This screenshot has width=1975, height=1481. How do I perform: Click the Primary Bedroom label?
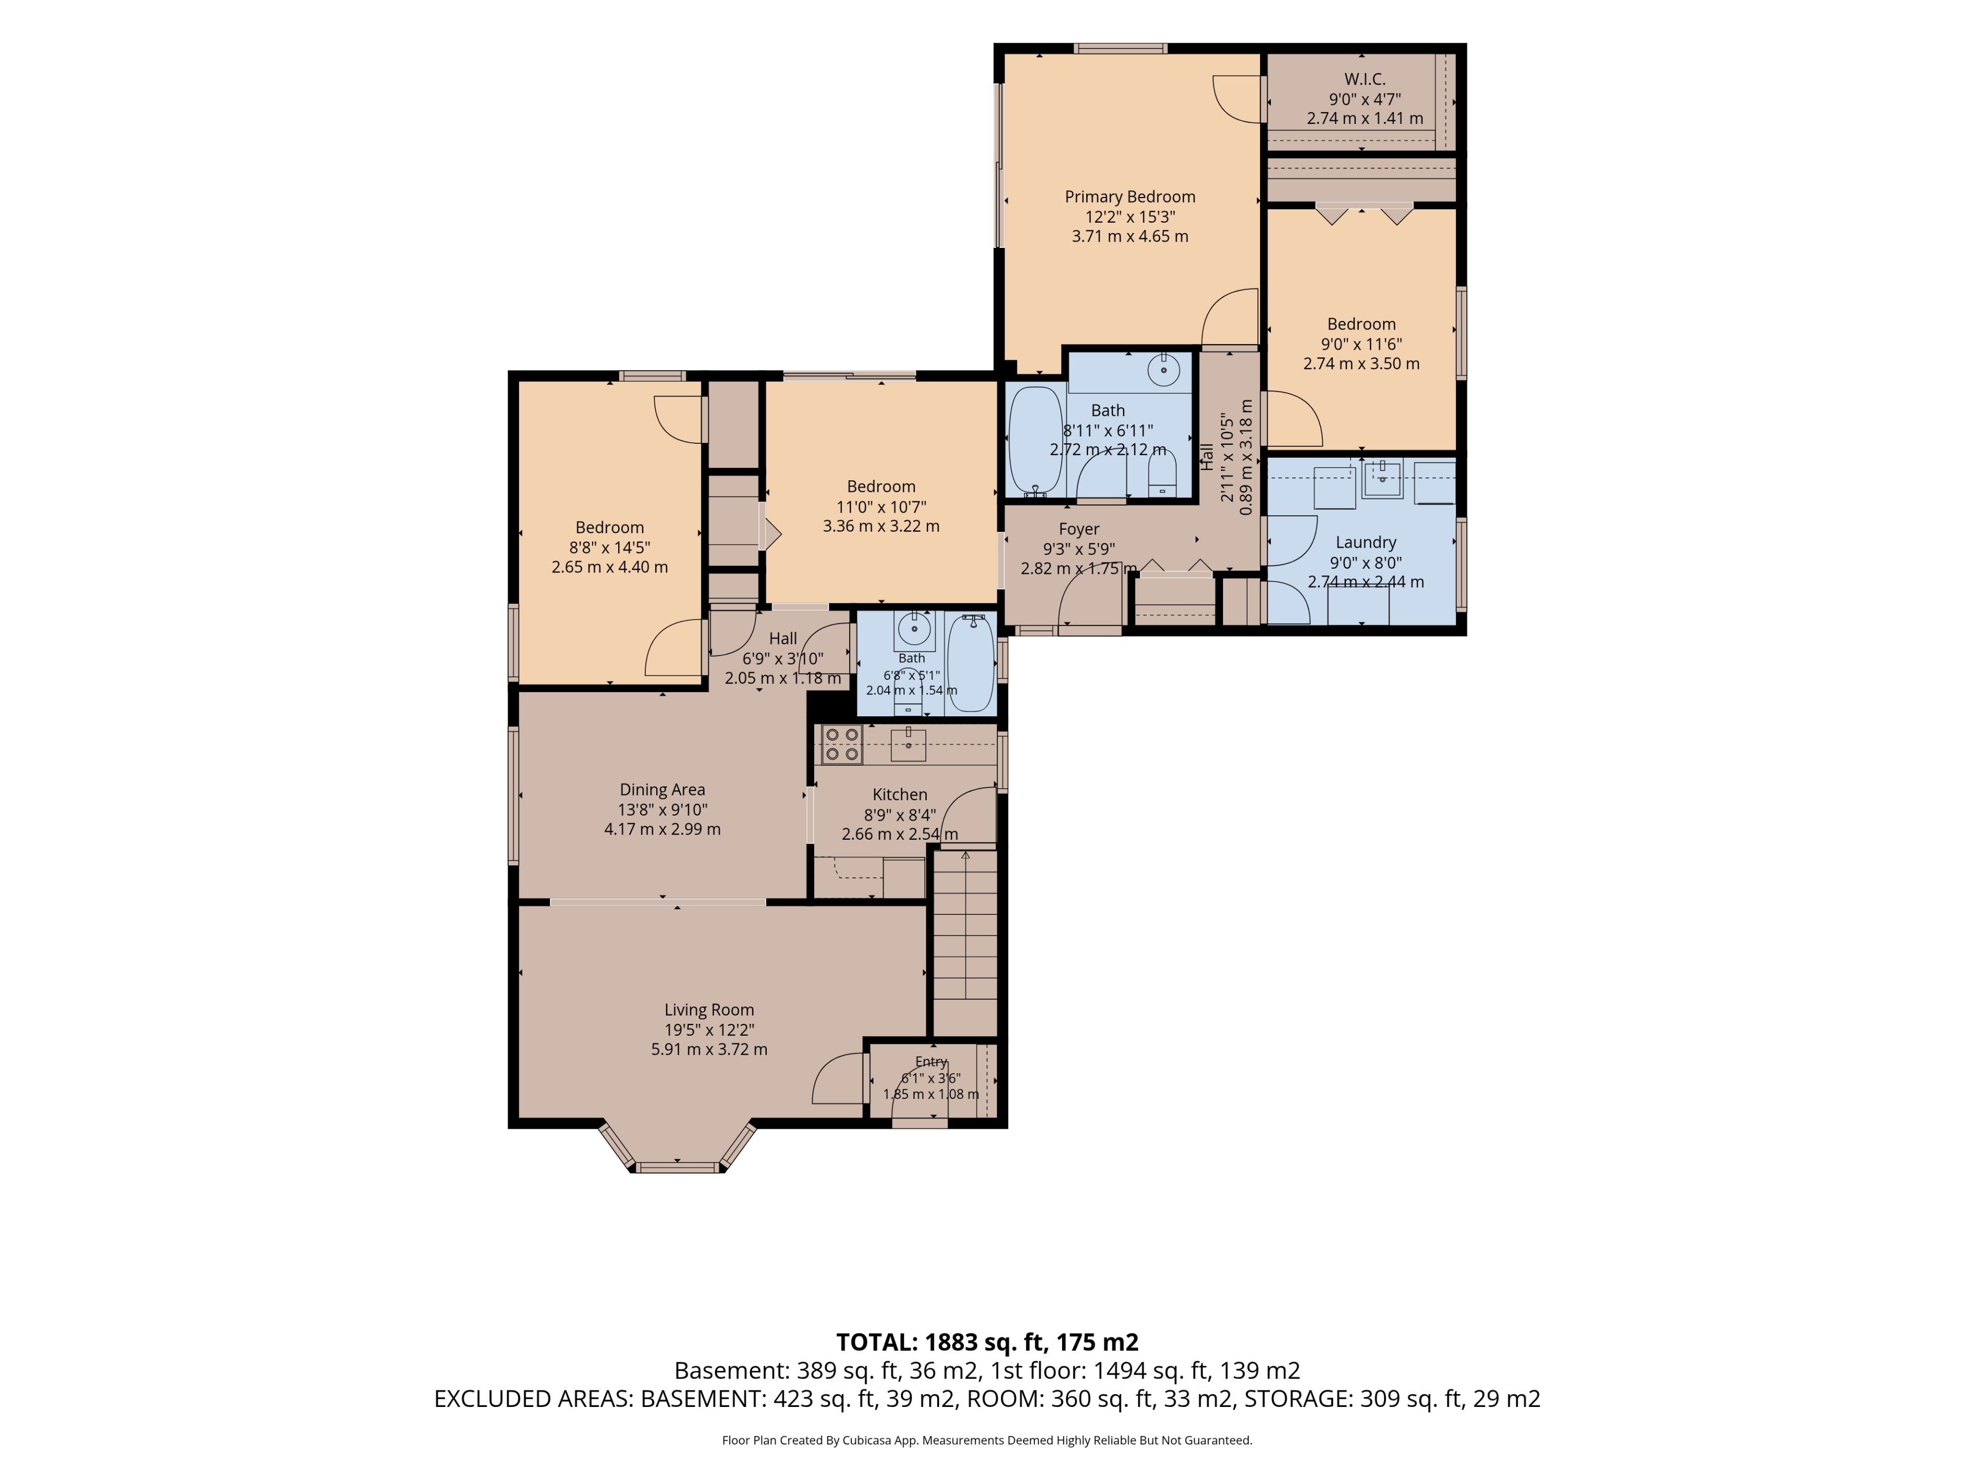1129,196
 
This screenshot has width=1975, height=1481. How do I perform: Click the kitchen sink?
908,744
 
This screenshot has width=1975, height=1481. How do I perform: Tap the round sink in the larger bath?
1163,370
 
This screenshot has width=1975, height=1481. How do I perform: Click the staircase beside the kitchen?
965,942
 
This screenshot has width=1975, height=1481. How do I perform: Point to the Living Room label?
709,1009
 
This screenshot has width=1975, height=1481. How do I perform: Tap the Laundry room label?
1365,542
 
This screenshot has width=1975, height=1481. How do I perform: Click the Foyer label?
1079,529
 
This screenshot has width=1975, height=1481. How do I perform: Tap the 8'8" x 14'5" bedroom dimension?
610,547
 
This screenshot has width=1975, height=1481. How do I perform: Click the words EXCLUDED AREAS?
534,1399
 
